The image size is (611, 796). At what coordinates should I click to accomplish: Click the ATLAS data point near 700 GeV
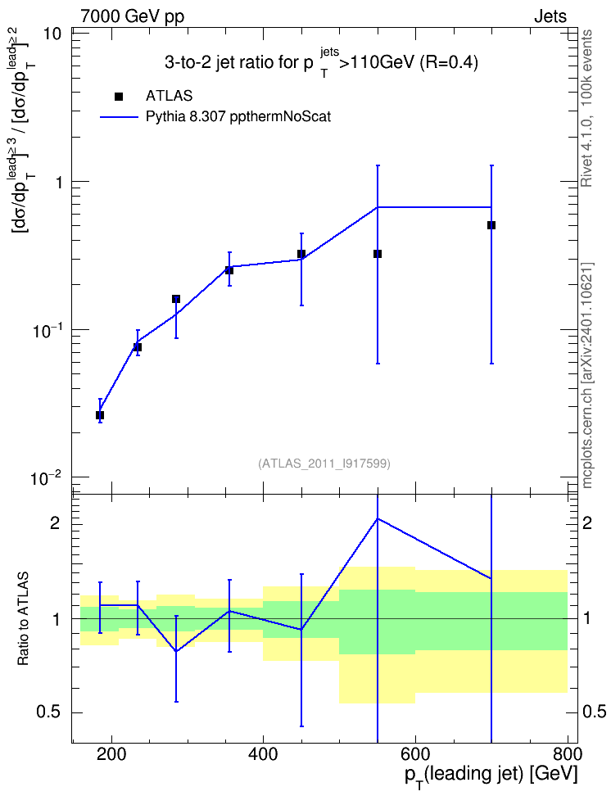click(491, 225)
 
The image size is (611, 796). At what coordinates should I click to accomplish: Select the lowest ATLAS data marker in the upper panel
click(100, 415)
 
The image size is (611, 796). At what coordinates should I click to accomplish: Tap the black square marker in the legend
click(119, 97)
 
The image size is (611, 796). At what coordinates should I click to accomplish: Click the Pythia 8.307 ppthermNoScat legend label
click(238, 117)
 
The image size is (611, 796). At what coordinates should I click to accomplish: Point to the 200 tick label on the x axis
click(111, 754)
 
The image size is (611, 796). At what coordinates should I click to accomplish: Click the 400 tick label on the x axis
click(263, 754)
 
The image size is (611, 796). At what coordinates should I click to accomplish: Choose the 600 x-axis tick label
click(415, 754)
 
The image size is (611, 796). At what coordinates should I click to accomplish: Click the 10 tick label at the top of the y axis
click(52, 35)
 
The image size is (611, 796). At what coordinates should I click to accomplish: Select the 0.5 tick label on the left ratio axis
click(49, 712)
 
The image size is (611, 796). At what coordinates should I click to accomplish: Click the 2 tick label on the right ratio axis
click(587, 522)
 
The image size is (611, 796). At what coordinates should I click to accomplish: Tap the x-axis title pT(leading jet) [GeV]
click(491, 776)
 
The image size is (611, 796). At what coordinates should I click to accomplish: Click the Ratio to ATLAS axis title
click(24, 618)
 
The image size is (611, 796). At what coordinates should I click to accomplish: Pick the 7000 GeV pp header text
click(132, 16)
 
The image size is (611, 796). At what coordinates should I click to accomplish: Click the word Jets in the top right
click(550, 16)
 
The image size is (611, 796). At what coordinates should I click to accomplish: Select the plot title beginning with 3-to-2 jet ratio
click(321, 63)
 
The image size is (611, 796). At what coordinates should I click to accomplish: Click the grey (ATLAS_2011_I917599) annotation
click(324, 464)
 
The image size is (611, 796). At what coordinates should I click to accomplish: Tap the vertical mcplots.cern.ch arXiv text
click(587, 375)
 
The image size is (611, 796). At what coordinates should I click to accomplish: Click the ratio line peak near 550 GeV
click(378, 519)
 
